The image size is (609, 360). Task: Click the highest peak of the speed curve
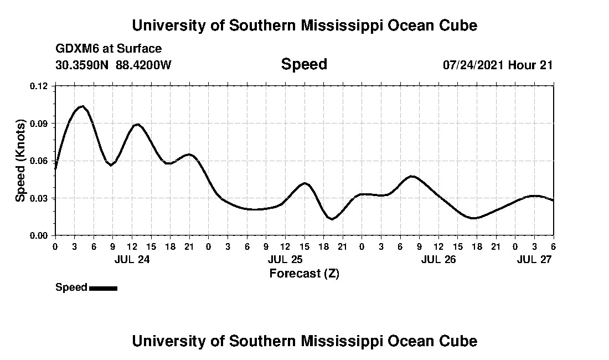point(82,106)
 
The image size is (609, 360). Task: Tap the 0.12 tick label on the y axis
point(39,86)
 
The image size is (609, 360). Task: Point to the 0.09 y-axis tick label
point(39,124)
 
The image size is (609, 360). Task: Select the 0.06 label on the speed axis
point(39,161)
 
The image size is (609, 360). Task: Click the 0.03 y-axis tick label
point(39,198)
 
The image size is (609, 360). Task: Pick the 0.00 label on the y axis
point(39,235)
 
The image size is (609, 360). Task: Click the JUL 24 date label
point(132,259)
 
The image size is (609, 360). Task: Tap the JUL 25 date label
point(285,259)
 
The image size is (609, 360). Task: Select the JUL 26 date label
point(438,259)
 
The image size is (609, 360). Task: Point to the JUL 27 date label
point(534,259)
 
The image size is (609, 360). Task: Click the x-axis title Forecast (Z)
point(304,273)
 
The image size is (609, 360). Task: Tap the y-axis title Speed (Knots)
point(20,160)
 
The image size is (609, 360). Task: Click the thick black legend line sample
point(103,288)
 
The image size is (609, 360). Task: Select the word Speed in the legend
point(71,287)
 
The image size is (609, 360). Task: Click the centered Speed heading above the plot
point(304,64)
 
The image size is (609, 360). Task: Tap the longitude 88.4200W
point(143,65)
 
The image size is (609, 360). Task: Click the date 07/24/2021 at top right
point(473,65)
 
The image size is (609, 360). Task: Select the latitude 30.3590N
point(82,65)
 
